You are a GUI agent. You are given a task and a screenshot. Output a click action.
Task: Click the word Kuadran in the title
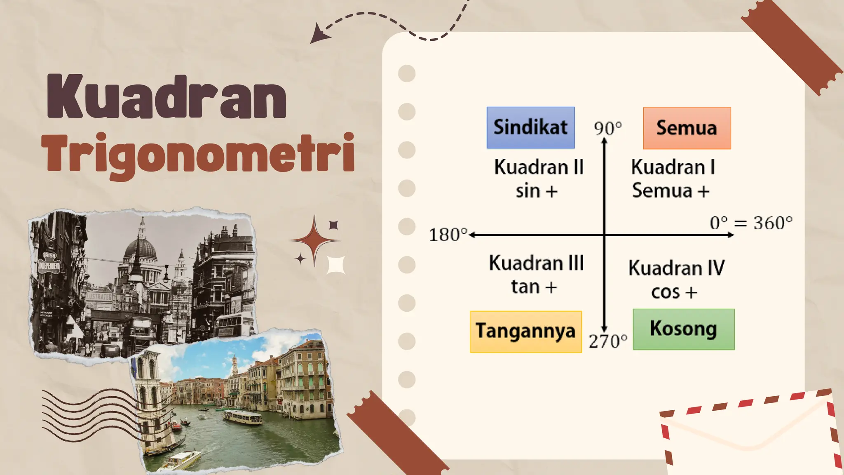click(x=167, y=97)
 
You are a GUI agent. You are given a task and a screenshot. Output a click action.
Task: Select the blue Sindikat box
click(x=530, y=127)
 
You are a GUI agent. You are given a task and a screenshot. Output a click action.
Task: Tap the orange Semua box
click(x=687, y=128)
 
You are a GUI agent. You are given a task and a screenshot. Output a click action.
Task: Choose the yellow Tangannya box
click(x=525, y=332)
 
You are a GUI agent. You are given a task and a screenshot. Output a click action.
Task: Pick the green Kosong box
click(x=683, y=329)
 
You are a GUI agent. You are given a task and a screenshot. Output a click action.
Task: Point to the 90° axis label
click(x=607, y=129)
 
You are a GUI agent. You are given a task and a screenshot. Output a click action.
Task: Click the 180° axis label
click(x=448, y=235)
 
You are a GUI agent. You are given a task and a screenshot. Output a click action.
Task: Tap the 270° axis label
click(x=608, y=341)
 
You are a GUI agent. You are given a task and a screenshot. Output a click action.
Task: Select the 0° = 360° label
click(x=751, y=223)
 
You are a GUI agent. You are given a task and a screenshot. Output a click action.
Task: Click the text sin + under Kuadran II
click(x=537, y=191)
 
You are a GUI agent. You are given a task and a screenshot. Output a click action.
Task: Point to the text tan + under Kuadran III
click(x=534, y=287)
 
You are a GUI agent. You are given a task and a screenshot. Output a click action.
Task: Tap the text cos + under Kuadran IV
click(x=674, y=292)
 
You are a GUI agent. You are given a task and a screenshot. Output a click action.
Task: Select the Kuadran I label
click(x=673, y=167)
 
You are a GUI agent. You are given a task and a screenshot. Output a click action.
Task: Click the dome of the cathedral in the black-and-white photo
click(x=141, y=248)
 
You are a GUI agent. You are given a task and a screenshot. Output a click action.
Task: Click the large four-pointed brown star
click(x=314, y=240)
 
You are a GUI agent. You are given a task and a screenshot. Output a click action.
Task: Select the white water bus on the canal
click(x=243, y=417)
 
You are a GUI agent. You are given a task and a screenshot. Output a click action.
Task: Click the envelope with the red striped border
click(x=750, y=437)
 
